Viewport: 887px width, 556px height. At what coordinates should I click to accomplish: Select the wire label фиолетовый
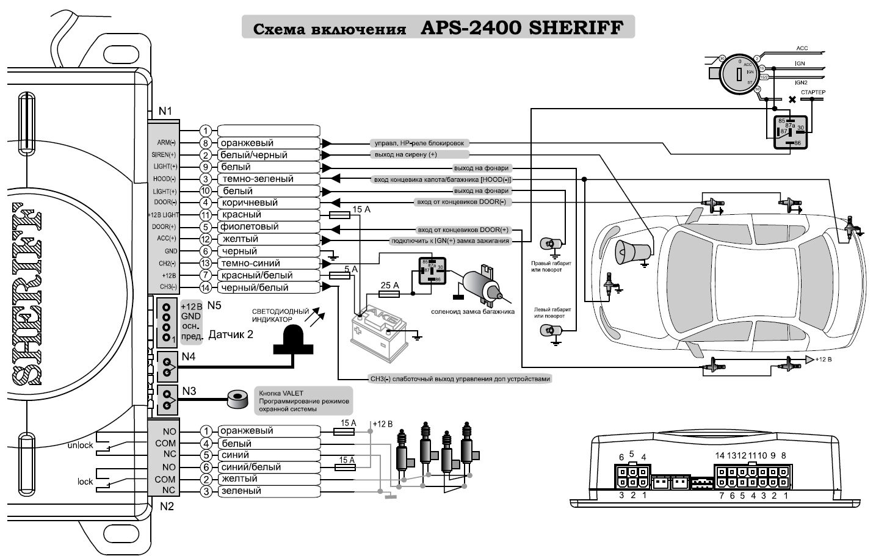tap(250, 226)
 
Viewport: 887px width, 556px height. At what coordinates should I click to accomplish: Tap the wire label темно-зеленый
tap(257, 179)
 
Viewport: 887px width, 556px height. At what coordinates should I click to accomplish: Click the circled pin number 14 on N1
tap(206, 287)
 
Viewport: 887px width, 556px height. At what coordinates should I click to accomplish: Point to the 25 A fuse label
tap(389, 285)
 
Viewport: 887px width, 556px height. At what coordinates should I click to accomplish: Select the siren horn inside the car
tap(631, 251)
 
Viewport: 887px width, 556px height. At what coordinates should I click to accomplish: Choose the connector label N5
tap(215, 305)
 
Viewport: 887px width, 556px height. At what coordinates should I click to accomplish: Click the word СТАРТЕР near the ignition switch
tap(813, 92)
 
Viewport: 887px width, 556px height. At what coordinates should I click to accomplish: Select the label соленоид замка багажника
tap(472, 311)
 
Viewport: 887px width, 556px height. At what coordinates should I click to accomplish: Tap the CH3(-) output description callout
tap(460, 378)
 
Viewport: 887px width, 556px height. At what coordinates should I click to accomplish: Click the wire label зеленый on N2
tap(241, 491)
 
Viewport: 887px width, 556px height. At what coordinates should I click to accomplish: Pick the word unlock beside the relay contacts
tap(80, 445)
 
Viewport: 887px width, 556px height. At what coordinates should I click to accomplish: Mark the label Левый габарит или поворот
tap(552, 312)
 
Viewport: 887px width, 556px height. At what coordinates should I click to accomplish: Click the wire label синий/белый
tap(250, 467)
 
